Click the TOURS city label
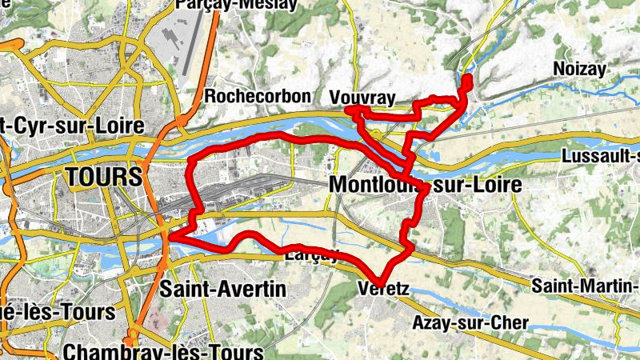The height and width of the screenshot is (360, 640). point(105,177)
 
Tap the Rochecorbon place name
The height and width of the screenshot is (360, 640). point(257,96)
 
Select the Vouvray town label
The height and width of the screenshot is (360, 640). point(362,98)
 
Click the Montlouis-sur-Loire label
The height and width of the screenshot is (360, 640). point(425,185)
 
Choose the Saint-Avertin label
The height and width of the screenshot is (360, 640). point(222,290)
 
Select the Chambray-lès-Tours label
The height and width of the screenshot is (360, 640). point(163,352)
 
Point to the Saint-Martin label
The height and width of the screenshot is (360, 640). point(586,285)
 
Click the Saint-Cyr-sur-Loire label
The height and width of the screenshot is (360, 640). point(72,126)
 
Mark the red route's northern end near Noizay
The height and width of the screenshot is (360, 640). point(466,78)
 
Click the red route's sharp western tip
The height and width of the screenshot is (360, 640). point(170,238)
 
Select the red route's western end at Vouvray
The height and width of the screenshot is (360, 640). point(349,110)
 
